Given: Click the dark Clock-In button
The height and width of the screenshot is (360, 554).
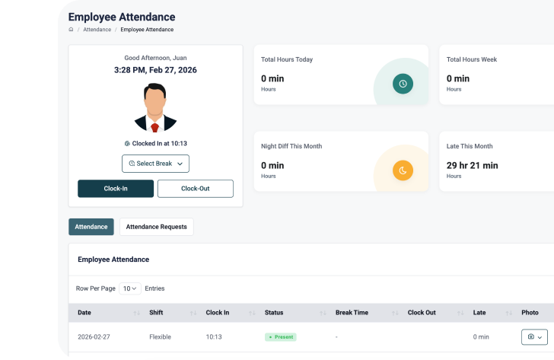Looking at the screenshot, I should [x=116, y=189].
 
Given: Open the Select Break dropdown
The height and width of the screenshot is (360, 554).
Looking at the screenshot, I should [x=155, y=164].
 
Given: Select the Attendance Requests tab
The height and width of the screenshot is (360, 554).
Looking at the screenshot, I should [x=156, y=227].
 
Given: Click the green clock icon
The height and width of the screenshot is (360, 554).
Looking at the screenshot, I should [x=403, y=84].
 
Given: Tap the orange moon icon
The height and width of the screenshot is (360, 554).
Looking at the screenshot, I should [x=403, y=170].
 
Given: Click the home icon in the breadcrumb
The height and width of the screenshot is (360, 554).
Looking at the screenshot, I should [x=71, y=30].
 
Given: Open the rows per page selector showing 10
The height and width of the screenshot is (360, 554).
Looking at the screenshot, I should [x=130, y=289].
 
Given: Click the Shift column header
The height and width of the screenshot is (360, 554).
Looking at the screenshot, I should [x=156, y=313].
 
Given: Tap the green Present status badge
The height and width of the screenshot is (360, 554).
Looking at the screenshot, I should [x=281, y=336].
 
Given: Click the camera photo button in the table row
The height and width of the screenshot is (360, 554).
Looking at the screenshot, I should [x=534, y=337].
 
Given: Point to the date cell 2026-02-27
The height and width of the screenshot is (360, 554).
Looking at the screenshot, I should [x=94, y=336].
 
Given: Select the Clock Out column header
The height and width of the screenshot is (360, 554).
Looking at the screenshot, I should [x=422, y=313].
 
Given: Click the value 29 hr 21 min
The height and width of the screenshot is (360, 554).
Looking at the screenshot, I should [x=472, y=165].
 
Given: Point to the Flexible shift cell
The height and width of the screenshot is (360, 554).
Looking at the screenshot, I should [x=160, y=336].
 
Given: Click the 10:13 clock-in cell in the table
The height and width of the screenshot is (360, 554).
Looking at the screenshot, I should [x=215, y=336].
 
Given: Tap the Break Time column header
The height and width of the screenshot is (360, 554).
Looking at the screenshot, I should [x=352, y=313].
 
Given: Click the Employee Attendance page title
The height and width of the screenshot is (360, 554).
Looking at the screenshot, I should [x=122, y=17].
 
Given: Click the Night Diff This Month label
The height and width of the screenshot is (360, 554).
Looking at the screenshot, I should [x=292, y=146].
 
